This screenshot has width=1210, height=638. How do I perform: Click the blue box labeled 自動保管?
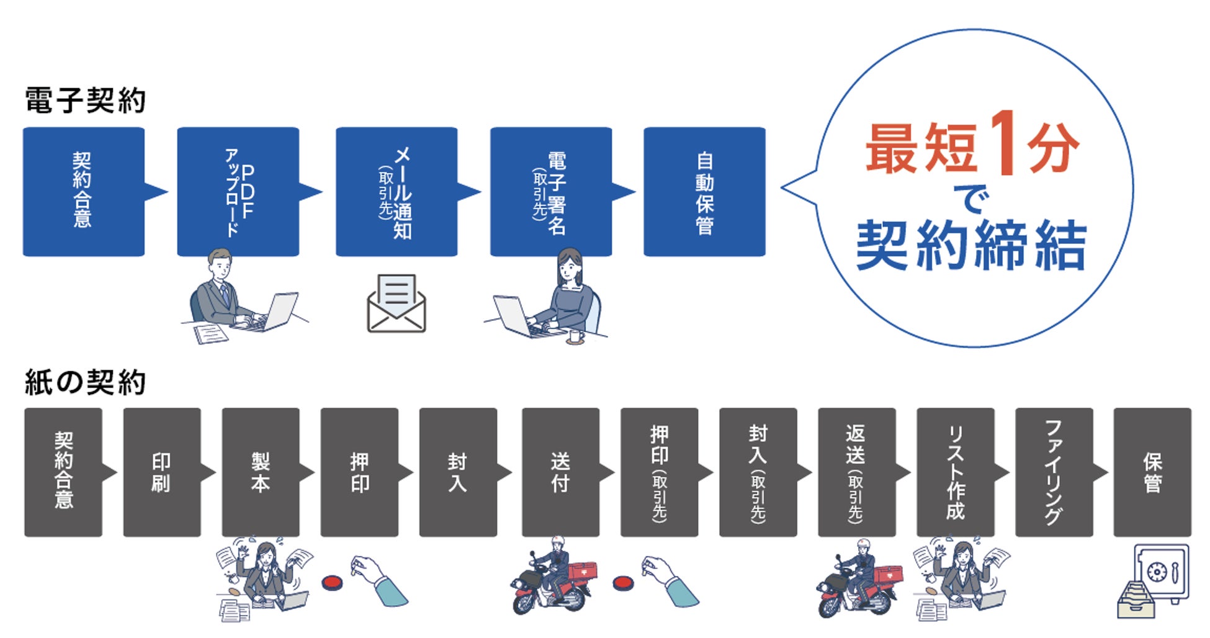[704, 192]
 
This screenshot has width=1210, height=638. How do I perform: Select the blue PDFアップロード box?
[238, 192]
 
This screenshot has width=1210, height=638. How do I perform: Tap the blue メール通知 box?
[397, 192]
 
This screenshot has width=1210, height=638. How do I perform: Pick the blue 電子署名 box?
[550, 192]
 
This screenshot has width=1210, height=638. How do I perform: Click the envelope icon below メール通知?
[397, 303]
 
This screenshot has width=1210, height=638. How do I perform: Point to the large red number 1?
[1003, 144]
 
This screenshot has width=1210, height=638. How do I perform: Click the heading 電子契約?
[85, 101]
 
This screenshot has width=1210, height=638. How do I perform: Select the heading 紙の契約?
[85, 382]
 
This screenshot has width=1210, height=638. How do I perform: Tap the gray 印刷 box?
[162, 472]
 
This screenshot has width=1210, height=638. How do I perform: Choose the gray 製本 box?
[261, 472]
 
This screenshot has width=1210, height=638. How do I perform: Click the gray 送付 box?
[560, 472]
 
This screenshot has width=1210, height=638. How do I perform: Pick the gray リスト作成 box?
[955, 472]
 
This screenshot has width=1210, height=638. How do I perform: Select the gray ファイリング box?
[1054, 472]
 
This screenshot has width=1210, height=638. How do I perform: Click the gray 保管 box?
[1152, 472]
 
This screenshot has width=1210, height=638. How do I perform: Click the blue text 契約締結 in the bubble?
[971, 246]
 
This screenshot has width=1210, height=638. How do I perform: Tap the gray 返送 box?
[856, 472]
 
